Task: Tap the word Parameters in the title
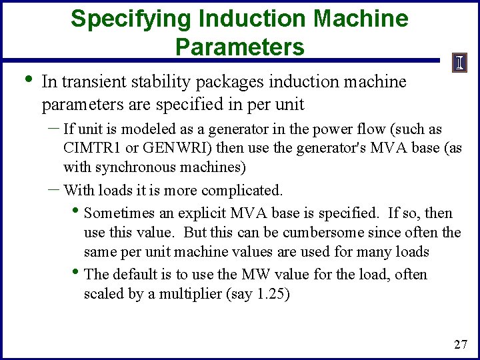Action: tap(240, 47)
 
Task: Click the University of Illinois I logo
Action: tap(459, 63)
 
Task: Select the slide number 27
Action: tap(460, 345)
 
